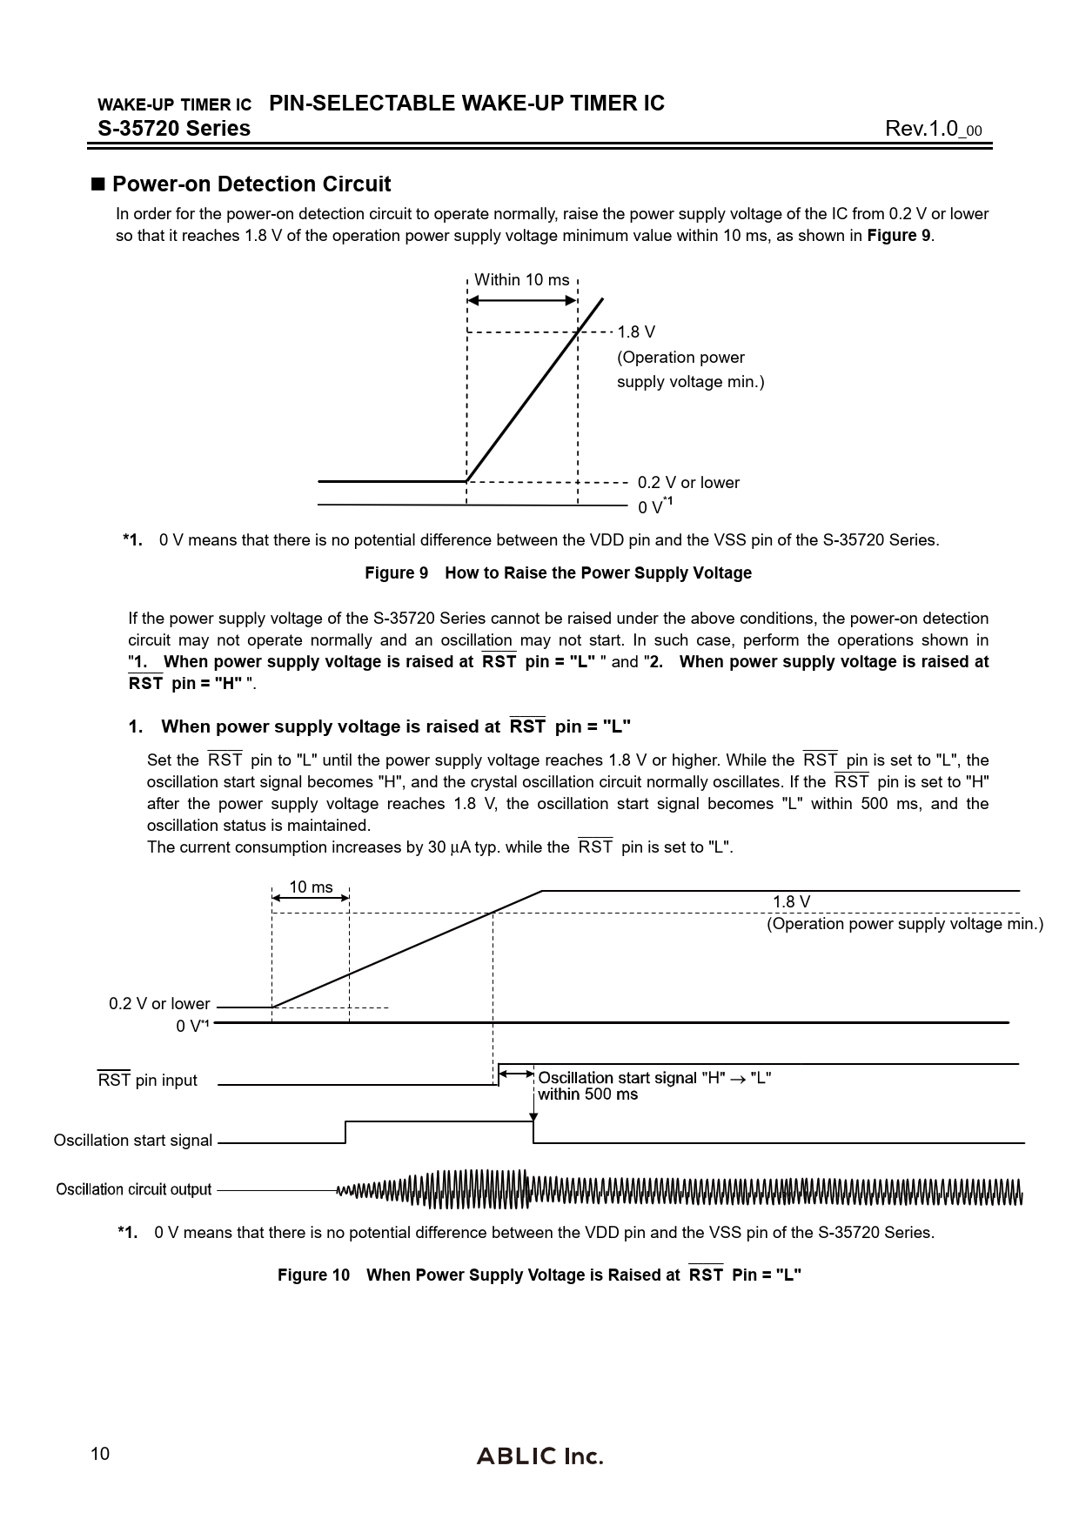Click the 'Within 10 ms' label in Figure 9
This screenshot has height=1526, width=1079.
pyautogui.click(x=521, y=280)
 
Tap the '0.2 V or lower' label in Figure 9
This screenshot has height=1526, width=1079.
pyautogui.click(x=688, y=483)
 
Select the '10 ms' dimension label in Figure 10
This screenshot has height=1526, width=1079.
pyautogui.click(x=311, y=887)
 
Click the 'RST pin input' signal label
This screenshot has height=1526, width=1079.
pyautogui.click(x=147, y=1081)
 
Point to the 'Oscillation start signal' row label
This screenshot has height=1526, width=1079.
pyautogui.click(x=133, y=1141)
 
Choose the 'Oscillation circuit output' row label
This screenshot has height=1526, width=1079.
pyautogui.click(x=134, y=1189)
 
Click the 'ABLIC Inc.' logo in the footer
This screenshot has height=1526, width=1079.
pyautogui.click(x=539, y=1456)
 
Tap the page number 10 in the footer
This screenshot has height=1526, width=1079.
pyautogui.click(x=100, y=1454)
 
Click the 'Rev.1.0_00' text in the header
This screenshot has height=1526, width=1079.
pyautogui.click(x=933, y=130)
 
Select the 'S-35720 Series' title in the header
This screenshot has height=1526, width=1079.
pyautogui.click(x=174, y=129)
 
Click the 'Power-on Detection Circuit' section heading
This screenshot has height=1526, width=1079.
pyautogui.click(x=251, y=184)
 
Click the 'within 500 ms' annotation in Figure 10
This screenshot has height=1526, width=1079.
pyautogui.click(x=587, y=1094)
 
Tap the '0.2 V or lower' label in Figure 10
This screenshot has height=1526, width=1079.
pyautogui.click(x=159, y=1004)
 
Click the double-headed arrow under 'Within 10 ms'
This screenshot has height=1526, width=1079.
pyautogui.click(x=522, y=300)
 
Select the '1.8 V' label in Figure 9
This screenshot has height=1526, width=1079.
pyautogui.click(x=636, y=332)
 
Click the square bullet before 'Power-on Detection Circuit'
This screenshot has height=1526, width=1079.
pyautogui.click(x=97, y=184)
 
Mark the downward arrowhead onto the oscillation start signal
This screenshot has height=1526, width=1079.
pyautogui.click(x=533, y=1117)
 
